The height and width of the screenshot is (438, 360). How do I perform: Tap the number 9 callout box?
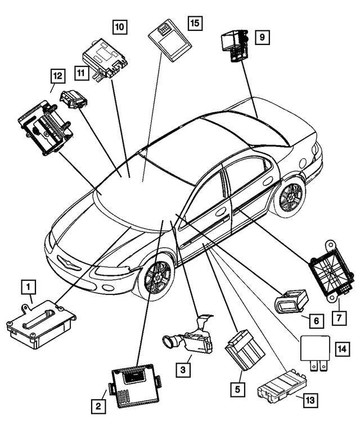tap(262, 37)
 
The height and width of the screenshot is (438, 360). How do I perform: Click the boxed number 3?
tap(183, 370)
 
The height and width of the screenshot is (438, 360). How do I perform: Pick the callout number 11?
tap(82, 71)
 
